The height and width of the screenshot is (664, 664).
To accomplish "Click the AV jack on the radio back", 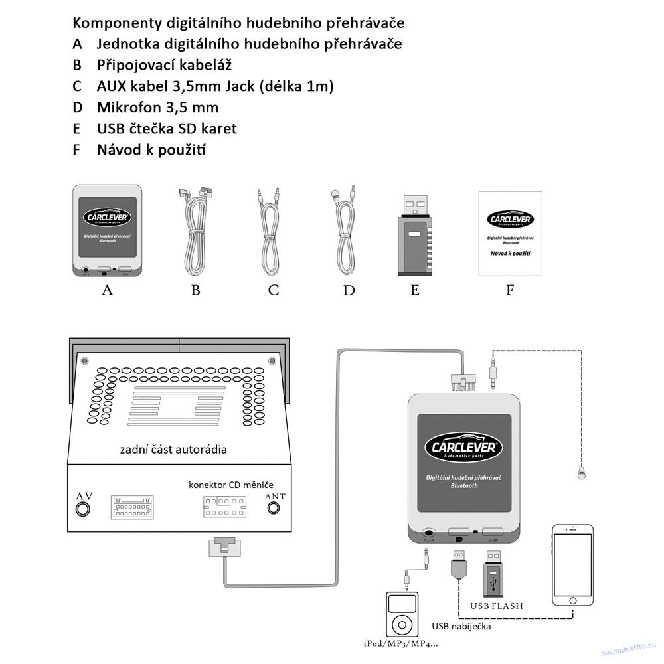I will pos(83,509).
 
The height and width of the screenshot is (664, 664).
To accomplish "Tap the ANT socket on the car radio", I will pos(274,509).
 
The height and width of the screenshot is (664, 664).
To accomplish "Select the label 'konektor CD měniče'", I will pos(230,485).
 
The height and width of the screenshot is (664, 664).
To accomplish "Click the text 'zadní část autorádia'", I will pos(173,449).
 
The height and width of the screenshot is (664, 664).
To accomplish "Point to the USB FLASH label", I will pos(497,606).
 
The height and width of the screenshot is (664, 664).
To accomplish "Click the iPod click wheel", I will pos(402,624).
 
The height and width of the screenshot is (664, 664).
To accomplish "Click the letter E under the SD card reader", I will pos(415,290).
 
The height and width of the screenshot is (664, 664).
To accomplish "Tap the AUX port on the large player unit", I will pos(429,532).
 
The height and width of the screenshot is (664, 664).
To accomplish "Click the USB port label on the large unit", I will pos(493,540).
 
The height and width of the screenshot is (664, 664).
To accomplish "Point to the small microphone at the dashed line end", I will pos(580,473).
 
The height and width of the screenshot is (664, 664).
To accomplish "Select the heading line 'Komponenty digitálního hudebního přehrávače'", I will pos(238,23).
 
